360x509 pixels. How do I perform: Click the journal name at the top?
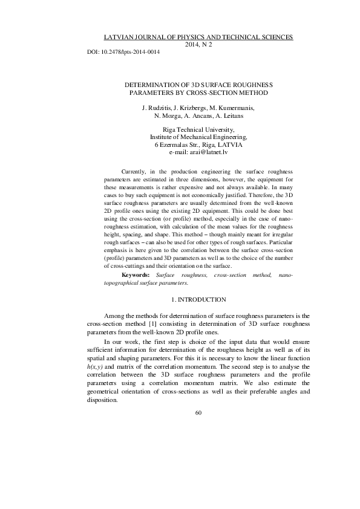(199, 37)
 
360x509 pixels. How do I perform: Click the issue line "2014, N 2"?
(199, 45)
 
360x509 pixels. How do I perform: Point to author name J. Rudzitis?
(156, 108)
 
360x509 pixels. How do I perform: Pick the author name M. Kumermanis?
(232, 108)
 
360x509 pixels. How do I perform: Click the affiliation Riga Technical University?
(199, 130)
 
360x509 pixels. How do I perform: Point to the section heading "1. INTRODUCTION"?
(198, 300)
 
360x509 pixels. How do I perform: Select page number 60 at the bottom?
(198, 413)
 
